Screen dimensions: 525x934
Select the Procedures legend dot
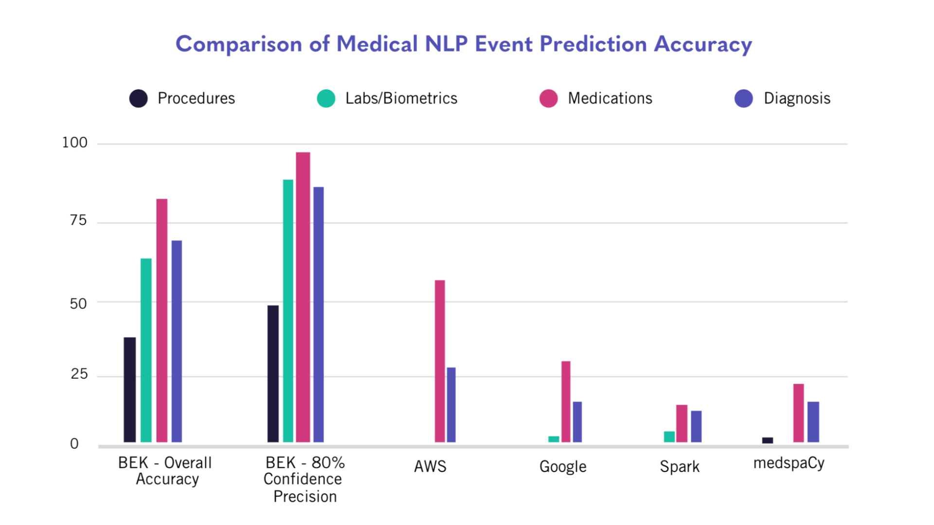tap(139, 98)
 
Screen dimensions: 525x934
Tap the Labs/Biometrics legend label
tap(401, 98)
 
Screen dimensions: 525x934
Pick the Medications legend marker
tap(548, 98)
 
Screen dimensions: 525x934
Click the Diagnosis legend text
tap(797, 98)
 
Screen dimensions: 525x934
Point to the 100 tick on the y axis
tap(74, 143)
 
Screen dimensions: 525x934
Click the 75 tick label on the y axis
tap(78, 221)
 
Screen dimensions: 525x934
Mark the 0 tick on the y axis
tap(74, 444)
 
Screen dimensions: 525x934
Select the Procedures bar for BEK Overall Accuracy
tap(130, 389)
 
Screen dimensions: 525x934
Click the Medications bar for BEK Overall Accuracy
tap(162, 320)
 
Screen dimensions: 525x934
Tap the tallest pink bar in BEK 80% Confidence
tap(303, 297)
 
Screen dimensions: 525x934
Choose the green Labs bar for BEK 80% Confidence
tap(288, 311)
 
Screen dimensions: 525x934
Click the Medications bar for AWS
tap(440, 361)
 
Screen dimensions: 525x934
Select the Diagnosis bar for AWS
tap(451, 404)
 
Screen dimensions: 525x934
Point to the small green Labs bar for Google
tap(554, 439)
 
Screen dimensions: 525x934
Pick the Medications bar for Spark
tap(682, 423)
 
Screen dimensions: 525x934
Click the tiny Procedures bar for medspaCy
tap(767, 440)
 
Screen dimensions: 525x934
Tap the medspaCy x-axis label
tap(789, 463)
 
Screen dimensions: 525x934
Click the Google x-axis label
tap(563, 467)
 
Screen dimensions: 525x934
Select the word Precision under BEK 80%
tap(305, 497)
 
